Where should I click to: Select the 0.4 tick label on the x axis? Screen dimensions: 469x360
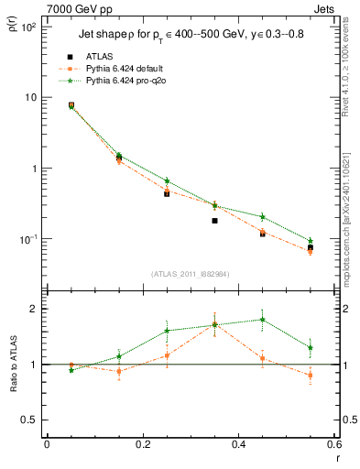238,444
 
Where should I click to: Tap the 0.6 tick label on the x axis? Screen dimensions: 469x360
333,444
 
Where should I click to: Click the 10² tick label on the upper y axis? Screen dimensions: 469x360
27,27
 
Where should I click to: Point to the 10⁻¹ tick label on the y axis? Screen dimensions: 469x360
27,239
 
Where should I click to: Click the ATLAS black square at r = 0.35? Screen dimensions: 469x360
214,221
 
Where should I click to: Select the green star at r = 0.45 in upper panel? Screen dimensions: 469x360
262,217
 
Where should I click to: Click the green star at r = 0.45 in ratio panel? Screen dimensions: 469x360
262,320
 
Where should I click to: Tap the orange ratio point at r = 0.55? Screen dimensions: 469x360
310,376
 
